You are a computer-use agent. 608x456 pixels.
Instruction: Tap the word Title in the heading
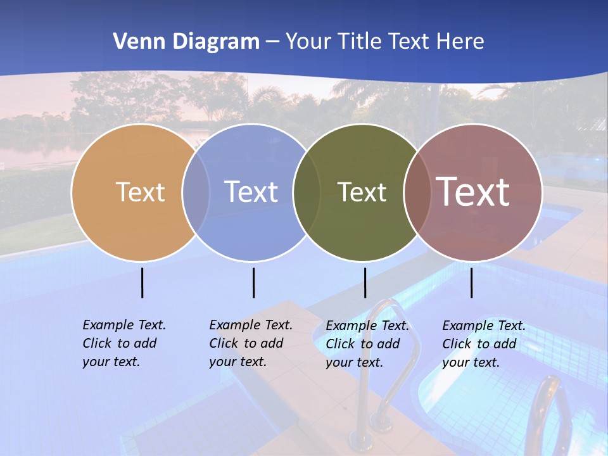point(360,42)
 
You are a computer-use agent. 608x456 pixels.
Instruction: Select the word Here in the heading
point(460,42)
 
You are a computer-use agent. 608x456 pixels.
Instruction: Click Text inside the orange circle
point(140,192)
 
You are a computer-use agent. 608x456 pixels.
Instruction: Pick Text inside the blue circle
point(251,192)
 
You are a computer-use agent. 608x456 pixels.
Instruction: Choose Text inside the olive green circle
point(362,192)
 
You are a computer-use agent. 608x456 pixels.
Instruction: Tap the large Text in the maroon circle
point(473,192)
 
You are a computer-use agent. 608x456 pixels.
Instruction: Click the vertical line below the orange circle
point(142,282)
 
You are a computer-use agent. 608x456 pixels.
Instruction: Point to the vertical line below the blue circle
point(253,282)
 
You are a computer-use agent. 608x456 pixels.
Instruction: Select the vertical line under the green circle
point(365,282)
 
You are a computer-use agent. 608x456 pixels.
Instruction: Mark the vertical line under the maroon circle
point(472,282)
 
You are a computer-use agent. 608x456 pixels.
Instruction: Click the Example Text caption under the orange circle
point(123,343)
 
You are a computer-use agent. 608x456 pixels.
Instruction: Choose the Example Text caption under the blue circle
point(250,343)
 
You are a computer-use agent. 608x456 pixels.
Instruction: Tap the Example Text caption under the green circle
point(367,344)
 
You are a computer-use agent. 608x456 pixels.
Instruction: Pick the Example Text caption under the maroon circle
point(483,344)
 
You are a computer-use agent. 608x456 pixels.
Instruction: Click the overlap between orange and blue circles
point(196,192)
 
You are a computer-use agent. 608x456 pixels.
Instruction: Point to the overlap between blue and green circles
point(307,192)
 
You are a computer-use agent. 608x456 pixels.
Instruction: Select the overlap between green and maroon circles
point(417,192)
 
